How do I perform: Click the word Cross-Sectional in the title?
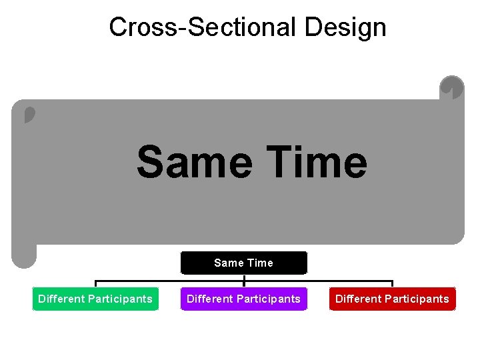pyautogui.click(x=203, y=27)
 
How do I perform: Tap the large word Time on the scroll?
pyautogui.click(x=314, y=163)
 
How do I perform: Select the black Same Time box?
pyautogui.click(x=243, y=263)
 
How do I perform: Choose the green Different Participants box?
pyautogui.click(x=95, y=299)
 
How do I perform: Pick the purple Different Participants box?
pyautogui.click(x=243, y=299)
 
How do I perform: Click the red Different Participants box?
pyautogui.click(x=392, y=299)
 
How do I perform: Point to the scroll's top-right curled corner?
pyautogui.click(x=452, y=87)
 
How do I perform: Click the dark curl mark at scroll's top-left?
pyautogui.click(x=29, y=115)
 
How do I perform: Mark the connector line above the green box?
pyautogui.click(x=95, y=283)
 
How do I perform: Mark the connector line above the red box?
pyautogui.click(x=392, y=283)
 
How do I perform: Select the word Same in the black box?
pyautogui.click(x=229, y=263)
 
